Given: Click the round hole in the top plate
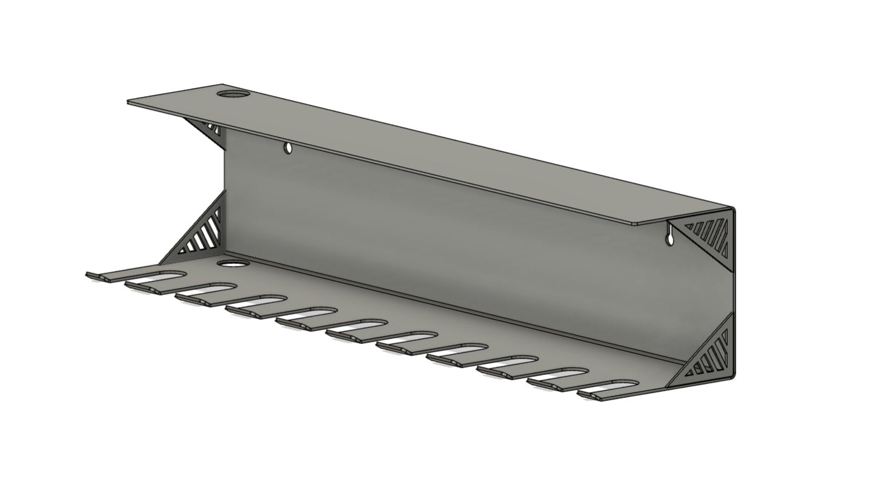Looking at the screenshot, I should tap(233, 94).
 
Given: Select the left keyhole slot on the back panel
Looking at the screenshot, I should tap(288, 147).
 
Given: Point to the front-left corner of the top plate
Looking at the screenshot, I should tap(129, 103).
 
